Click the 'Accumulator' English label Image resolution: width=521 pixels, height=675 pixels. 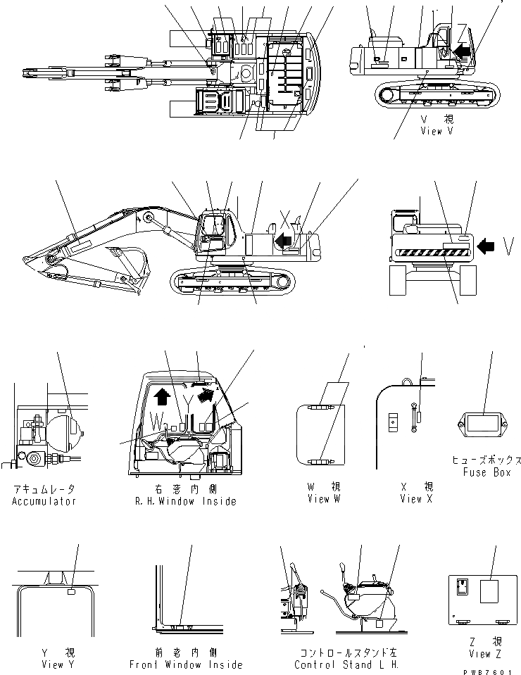tap(44, 501)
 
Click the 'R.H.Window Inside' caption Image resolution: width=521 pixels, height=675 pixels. tap(187, 501)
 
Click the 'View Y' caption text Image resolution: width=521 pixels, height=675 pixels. tap(53, 664)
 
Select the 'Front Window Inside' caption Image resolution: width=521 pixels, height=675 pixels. tap(186, 664)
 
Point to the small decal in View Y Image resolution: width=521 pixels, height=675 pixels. tap(72, 593)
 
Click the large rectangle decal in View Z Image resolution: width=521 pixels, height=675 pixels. tap(491, 592)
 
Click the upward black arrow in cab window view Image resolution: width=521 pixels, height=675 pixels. tap(161, 397)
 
